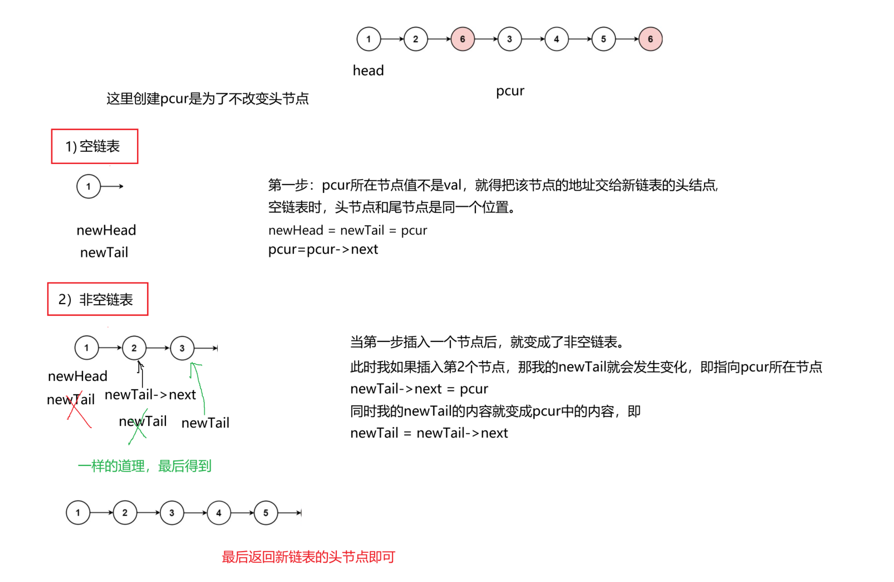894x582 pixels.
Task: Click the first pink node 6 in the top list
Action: point(462,39)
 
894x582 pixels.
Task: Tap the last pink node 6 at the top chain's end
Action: point(650,39)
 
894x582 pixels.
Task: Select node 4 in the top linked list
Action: point(556,39)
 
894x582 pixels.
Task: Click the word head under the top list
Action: point(368,71)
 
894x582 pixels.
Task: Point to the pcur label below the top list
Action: point(510,91)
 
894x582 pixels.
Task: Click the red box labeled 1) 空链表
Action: point(94,146)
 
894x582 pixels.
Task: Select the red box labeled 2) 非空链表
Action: point(98,299)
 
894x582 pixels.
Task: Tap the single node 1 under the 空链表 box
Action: point(88,187)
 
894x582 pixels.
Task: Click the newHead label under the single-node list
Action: point(106,230)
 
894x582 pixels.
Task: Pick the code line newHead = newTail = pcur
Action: point(348,231)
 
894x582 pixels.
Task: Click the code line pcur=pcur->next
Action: point(323,249)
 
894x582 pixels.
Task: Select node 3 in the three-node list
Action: point(182,348)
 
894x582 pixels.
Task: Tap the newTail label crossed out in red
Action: point(71,400)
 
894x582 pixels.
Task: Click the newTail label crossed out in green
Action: point(142,421)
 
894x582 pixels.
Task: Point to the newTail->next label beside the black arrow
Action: point(150,395)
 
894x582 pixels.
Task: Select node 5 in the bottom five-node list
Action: point(266,513)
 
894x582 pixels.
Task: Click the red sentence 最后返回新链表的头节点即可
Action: point(308,557)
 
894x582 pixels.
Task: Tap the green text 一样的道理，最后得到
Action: point(144,466)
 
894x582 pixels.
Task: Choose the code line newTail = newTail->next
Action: point(429,433)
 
